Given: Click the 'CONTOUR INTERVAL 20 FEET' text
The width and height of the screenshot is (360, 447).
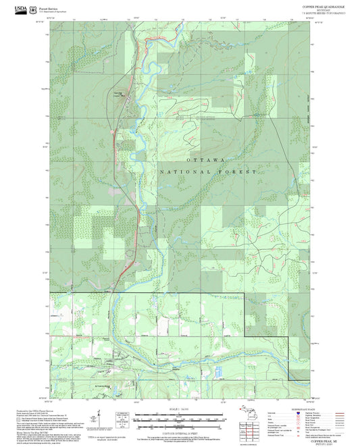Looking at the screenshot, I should tap(180, 427).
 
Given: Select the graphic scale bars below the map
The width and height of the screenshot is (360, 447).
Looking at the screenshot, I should tap(180, 417).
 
